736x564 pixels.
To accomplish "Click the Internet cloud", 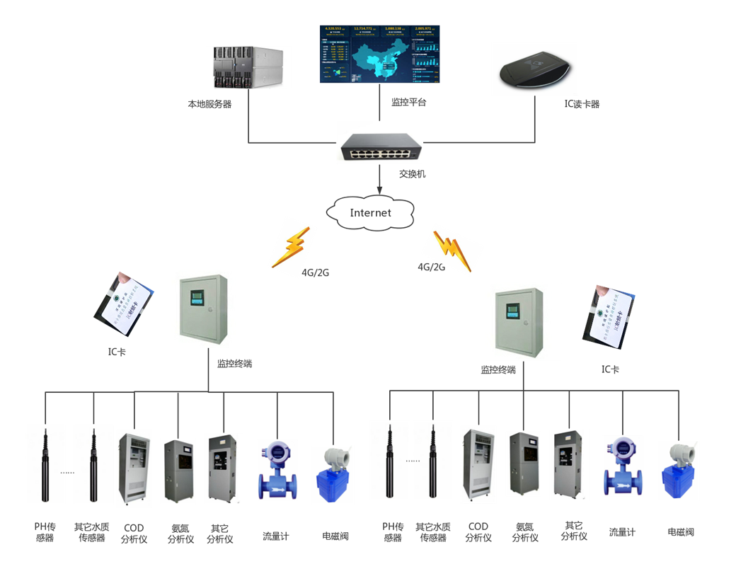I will tap(370, 212).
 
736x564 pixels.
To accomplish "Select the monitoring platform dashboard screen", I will tap(379, 54).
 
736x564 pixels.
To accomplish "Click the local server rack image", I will tap(248, 67).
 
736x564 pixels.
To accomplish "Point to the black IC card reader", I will tap(534, 69).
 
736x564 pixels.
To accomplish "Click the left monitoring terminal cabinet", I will tap(208, 308).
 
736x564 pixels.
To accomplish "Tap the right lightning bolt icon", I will tap(452, 249).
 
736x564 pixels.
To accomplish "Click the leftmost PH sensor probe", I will tap(45, 464).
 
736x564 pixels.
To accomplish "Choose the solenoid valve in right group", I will tap(678, 471).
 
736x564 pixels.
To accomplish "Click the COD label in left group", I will tap(134, 528).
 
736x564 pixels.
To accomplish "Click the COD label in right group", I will tap(478, 526).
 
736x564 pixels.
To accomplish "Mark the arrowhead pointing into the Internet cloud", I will tap(380, 190).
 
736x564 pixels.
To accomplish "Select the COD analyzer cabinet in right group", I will tap(478, 464).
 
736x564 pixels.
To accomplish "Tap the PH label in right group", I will tap(393, 526).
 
